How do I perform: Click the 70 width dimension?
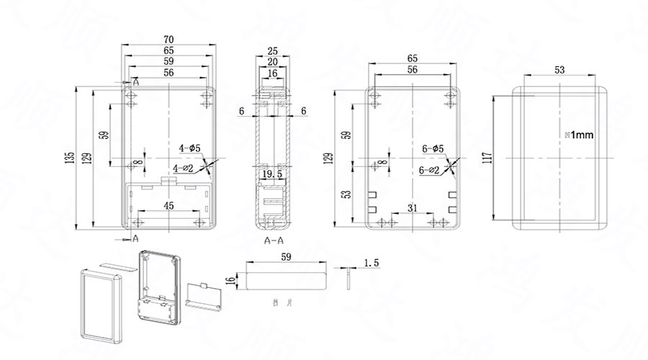[168, 39]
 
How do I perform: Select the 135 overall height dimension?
[70, 157]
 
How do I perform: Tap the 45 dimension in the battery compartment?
[168, 206]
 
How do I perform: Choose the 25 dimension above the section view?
[273, 51]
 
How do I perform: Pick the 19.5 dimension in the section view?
[271, 174]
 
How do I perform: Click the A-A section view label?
[274, 240]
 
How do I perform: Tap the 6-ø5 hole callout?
[433, 148]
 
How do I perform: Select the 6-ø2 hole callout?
[429, 170]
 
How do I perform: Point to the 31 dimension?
[412, 209]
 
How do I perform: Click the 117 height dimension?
[487, 156]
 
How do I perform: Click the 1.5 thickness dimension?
[372, 264]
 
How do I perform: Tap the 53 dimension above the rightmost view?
[559, 70]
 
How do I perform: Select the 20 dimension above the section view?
[273, 62]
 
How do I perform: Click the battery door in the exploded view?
[204, 294]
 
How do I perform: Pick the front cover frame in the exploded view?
[99, 302]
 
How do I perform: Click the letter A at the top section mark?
[135, 84]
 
